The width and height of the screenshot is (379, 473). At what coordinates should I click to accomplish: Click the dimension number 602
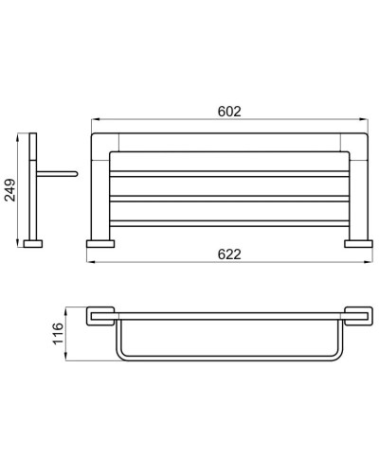click(x=228, y=111)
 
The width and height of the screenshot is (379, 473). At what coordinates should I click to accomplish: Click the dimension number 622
click(x=228, y=254)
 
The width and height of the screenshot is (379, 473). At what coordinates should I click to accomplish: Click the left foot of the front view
click(x=100, y=243)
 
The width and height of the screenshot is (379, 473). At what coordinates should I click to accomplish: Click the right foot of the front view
click(x=357, y=243)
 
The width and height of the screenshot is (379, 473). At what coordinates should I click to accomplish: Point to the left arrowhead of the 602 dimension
click(x=94, y=120)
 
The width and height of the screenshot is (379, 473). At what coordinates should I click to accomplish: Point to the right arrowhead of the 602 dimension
click(x=365, y=120)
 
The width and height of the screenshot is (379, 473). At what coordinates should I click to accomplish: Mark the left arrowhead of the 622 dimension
click(x=89, y=263)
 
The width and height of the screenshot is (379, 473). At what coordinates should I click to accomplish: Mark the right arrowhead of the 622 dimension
click(x=370, y=263)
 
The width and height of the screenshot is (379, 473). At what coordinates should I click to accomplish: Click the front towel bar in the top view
click(x=228, y=363)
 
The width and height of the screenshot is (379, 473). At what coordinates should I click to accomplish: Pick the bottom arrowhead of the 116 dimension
click(x=66, y=363)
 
